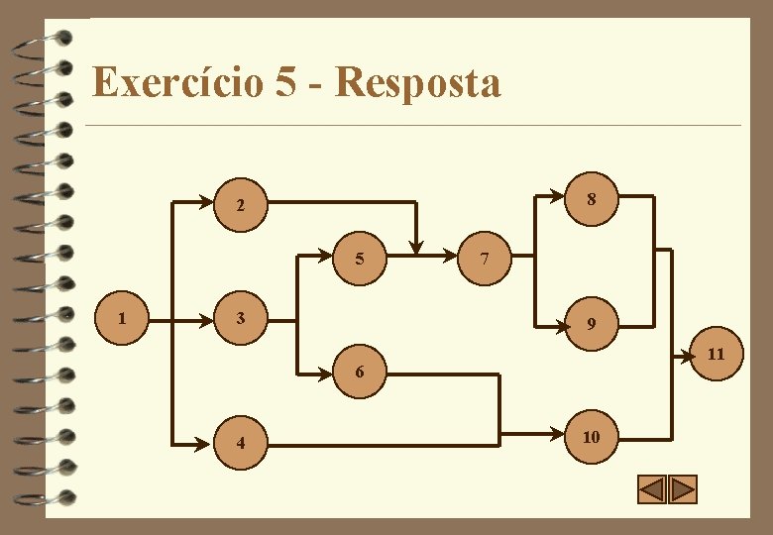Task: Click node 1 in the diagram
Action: [x=122, y=319]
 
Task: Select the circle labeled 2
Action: [x=240, y=207]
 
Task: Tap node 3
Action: [x=240, y=319]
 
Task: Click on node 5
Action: [x=360, y=260]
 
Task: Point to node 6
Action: [x=360, y=372]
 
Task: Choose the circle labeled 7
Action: [x=483, y=260]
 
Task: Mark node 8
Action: [x=591, y=198]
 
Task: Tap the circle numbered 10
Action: [x=591, y=436]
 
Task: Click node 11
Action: [x=716, y=354]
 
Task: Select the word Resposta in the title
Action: [x=418, y=82]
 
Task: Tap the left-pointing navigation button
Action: [x=651, y=489]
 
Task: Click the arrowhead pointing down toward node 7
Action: [x=417, y=247]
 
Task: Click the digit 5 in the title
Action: [x=285, y=82]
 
